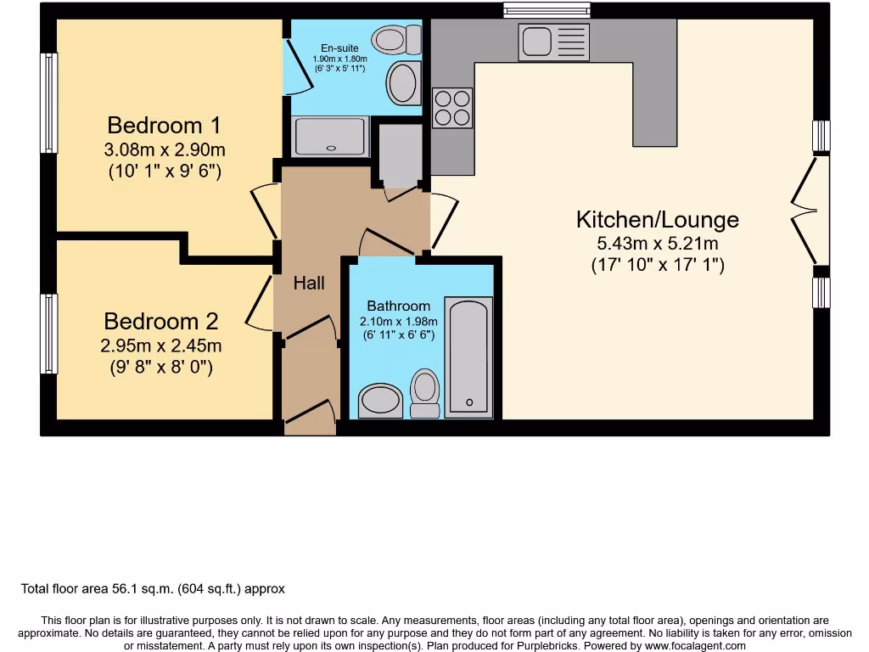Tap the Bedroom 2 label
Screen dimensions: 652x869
click(160, 322)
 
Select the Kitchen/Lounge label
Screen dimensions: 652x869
click(657, 220)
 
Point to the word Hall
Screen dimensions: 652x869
click(309, 284)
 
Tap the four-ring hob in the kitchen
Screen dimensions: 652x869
click(451, 108)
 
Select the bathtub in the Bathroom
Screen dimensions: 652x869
click(468, 356)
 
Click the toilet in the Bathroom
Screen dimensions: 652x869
click(425, 393)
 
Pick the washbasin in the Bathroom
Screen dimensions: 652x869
click(380, 401)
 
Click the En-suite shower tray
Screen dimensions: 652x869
click(331, 136)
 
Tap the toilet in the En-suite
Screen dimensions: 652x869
click(399, 39)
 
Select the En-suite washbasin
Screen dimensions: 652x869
click(403, 83)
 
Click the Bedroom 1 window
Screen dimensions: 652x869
click(50, 103)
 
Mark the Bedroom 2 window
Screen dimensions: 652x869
click(50, 334)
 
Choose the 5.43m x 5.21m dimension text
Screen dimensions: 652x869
click(657, 244)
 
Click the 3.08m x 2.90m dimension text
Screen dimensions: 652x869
click(165, 150)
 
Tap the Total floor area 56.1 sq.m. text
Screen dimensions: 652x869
click(153, 588)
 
